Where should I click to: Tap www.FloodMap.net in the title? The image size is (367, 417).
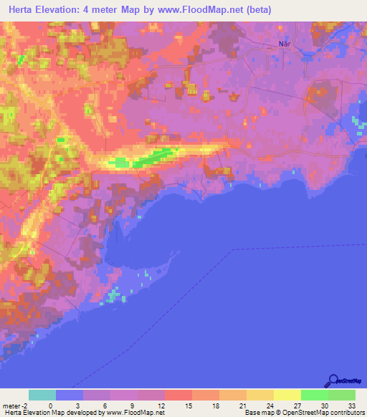[194, 10]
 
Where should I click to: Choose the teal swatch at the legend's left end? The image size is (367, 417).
[42, 395]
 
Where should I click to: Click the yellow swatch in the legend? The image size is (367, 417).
[287, 395]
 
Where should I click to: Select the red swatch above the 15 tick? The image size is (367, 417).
[178, 395]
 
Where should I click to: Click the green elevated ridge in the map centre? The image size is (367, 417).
[154, 157]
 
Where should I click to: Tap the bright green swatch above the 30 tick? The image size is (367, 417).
[315, 395]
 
